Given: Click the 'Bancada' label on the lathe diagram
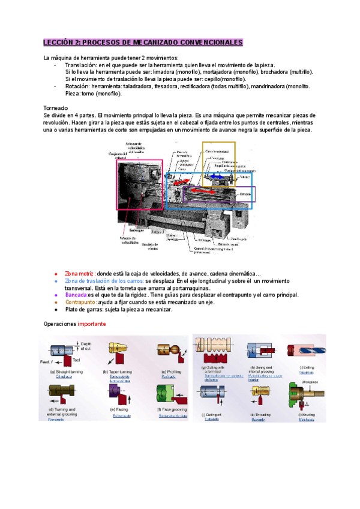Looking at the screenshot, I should coord(245,195).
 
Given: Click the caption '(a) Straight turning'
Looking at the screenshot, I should coord(68,372).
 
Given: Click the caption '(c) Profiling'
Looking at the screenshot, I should coord(172,372).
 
